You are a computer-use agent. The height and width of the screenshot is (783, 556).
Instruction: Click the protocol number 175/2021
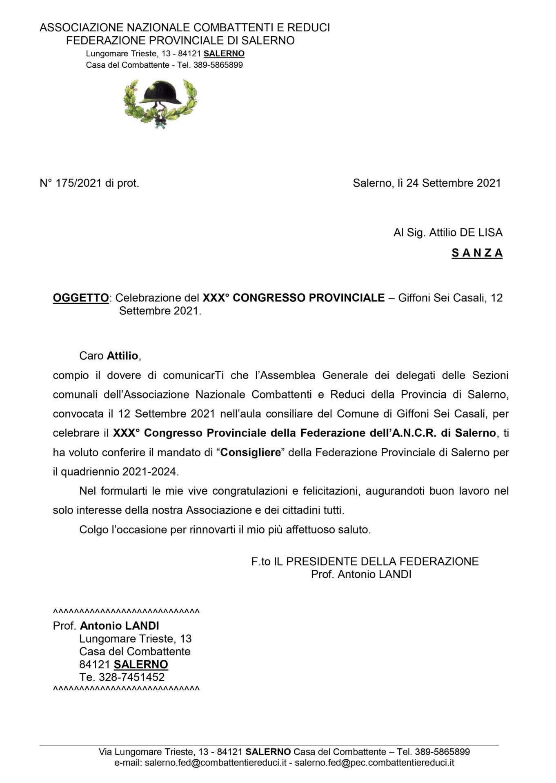pyautogui.click(x=79, y=184)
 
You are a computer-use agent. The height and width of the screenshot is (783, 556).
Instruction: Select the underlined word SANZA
pyautogui.click(x=477, y=253)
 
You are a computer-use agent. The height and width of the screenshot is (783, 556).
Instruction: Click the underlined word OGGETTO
pyautogui.click(x=81, y=298)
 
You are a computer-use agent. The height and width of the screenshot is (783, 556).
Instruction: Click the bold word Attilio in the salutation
pyautogui.click(x=122, y=356)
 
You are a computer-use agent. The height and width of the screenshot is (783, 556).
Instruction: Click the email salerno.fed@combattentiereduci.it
pyautogui.click(x=216, y=763)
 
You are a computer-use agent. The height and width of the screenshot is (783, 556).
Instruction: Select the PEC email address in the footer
pyautogui.click(x=374, y=763)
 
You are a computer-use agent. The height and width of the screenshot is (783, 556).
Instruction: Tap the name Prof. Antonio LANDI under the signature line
pyautogui.click(x=361, y=575)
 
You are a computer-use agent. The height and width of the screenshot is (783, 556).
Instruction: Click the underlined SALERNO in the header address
pyautogui.click(x=224, y=54)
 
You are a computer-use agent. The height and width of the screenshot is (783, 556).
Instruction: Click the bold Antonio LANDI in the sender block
pyautogui.click(x=120, y=626)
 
